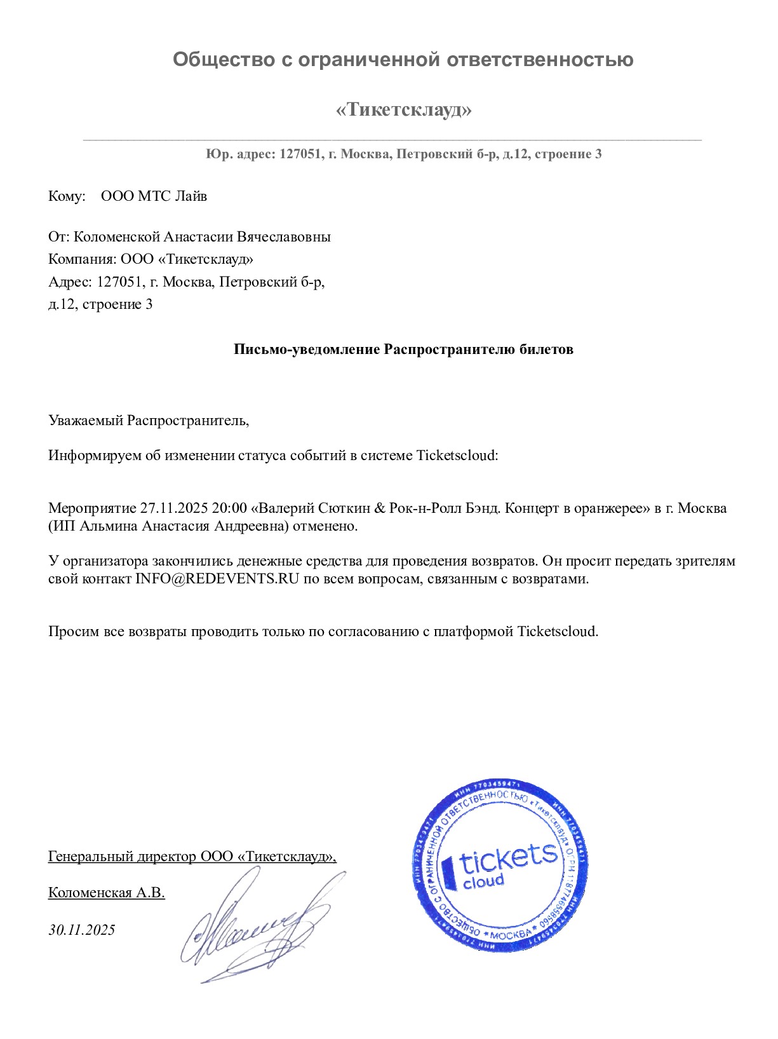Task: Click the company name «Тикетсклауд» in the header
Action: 403,110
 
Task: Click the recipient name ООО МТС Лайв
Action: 154,196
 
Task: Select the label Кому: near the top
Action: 67,196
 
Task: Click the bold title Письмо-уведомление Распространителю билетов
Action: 403,350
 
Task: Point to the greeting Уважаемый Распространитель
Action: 149,420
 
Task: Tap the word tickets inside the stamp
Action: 508,859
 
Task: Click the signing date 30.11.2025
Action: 82,930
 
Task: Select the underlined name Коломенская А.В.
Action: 107,893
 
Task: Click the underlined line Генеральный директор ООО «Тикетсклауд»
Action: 192,857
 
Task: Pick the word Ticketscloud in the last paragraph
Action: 557,632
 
